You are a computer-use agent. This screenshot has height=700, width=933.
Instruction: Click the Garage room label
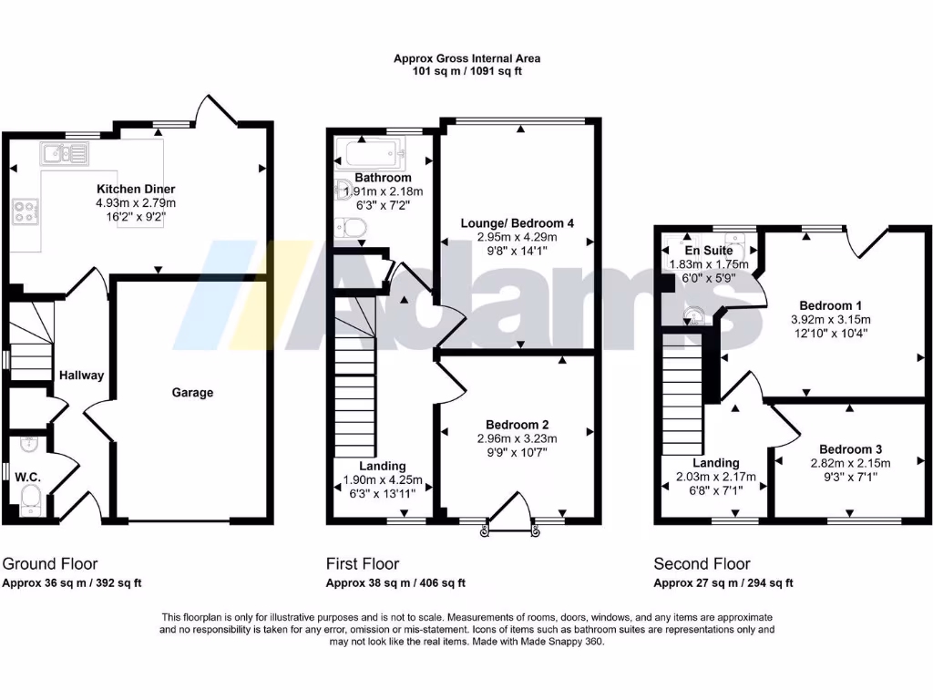tap(192, 393)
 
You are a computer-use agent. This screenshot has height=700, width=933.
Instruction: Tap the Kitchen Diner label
tap(137, 190)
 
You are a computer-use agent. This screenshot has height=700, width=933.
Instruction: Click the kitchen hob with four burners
tap(26, 212)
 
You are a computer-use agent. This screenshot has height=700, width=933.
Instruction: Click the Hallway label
tap(82, 376)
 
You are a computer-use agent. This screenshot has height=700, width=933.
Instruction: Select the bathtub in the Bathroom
tap(376, 154)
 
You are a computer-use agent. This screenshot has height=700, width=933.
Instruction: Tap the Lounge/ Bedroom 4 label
tap(517, 223)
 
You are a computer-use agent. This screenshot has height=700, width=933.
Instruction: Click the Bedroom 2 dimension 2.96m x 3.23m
tap(517, 438)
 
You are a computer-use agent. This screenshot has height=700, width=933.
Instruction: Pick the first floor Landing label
tap(383, 466)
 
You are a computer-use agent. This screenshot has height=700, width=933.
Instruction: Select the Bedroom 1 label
tap(830, 305)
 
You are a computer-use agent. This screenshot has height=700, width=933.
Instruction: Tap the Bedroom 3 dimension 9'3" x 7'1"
tap(850, 476)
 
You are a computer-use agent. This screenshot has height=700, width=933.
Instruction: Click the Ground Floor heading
tap(50, 564)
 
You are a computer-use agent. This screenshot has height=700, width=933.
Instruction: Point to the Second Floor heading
tap(702, 564)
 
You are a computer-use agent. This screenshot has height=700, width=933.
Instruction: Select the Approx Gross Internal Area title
tap(466, 58)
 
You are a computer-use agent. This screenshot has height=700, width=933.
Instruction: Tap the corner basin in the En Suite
tap(695, 315)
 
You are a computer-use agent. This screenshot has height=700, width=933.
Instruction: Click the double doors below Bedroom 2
tap(510, 525)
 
